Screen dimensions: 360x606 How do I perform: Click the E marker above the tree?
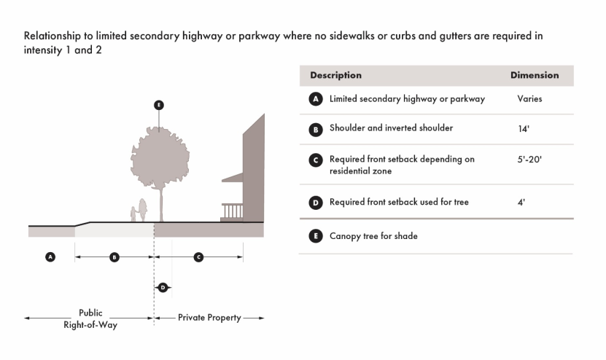[x=159, y=105]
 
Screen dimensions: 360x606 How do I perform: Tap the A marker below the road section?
[x=50, y=257]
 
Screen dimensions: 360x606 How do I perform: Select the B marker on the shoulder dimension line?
[x=114, y=257]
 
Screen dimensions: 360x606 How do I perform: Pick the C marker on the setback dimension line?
[x=198, y=257]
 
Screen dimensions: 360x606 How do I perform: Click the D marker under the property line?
[x=163, y=287]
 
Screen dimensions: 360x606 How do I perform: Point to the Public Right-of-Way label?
[x=90, y=318]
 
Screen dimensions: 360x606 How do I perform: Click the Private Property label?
[x=209, y=318]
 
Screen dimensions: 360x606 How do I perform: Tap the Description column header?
[x=335, y=75]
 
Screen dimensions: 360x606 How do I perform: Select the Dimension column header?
[x=535, y=75]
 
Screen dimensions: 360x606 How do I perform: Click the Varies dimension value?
[x=529, y=98]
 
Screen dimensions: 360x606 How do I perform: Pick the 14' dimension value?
[x=523, y=129]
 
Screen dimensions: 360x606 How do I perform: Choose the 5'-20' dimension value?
[x=529, y=158]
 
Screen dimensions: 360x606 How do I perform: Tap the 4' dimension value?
[x=521, y=203]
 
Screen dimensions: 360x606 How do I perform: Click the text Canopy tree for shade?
[x=373, y=236]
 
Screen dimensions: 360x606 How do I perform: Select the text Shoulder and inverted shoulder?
[x=391, y=128]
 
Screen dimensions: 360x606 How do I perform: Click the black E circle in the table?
[x=316, y=236]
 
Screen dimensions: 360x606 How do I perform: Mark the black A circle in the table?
[x=316, y=99]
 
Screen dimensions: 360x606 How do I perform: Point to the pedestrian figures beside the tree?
[x=139, y=211]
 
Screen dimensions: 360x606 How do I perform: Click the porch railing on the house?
[x=232, y=211]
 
